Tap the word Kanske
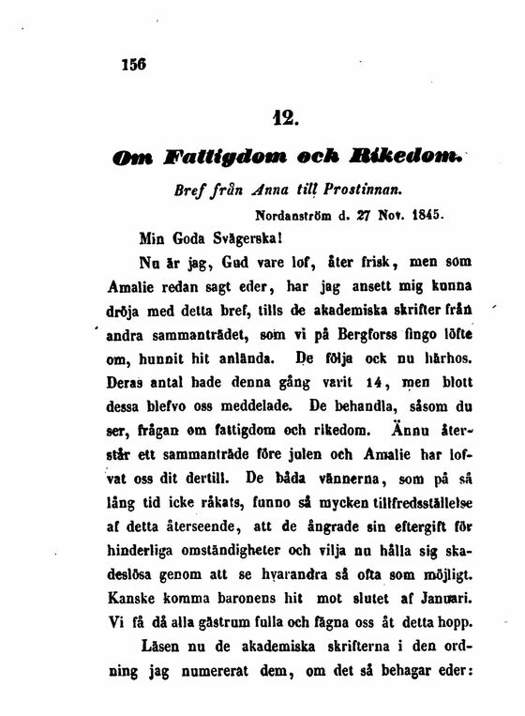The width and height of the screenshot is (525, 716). [x=135, y=598]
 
